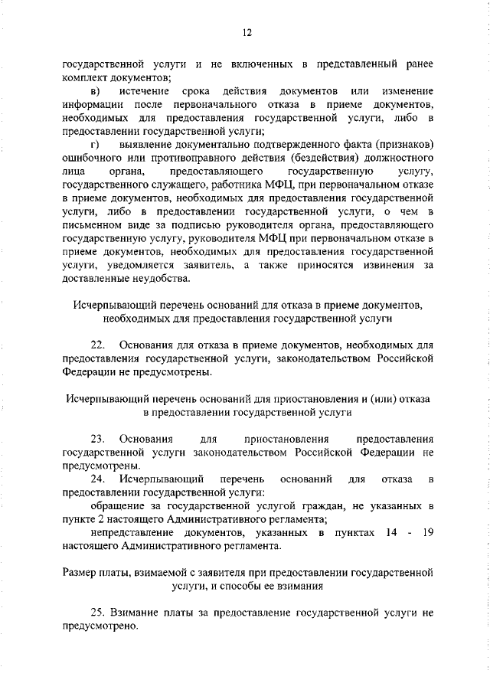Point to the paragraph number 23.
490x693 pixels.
tap(97, 439)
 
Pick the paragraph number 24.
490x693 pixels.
tap(97, 479)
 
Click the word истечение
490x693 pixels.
tap(145, 93)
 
